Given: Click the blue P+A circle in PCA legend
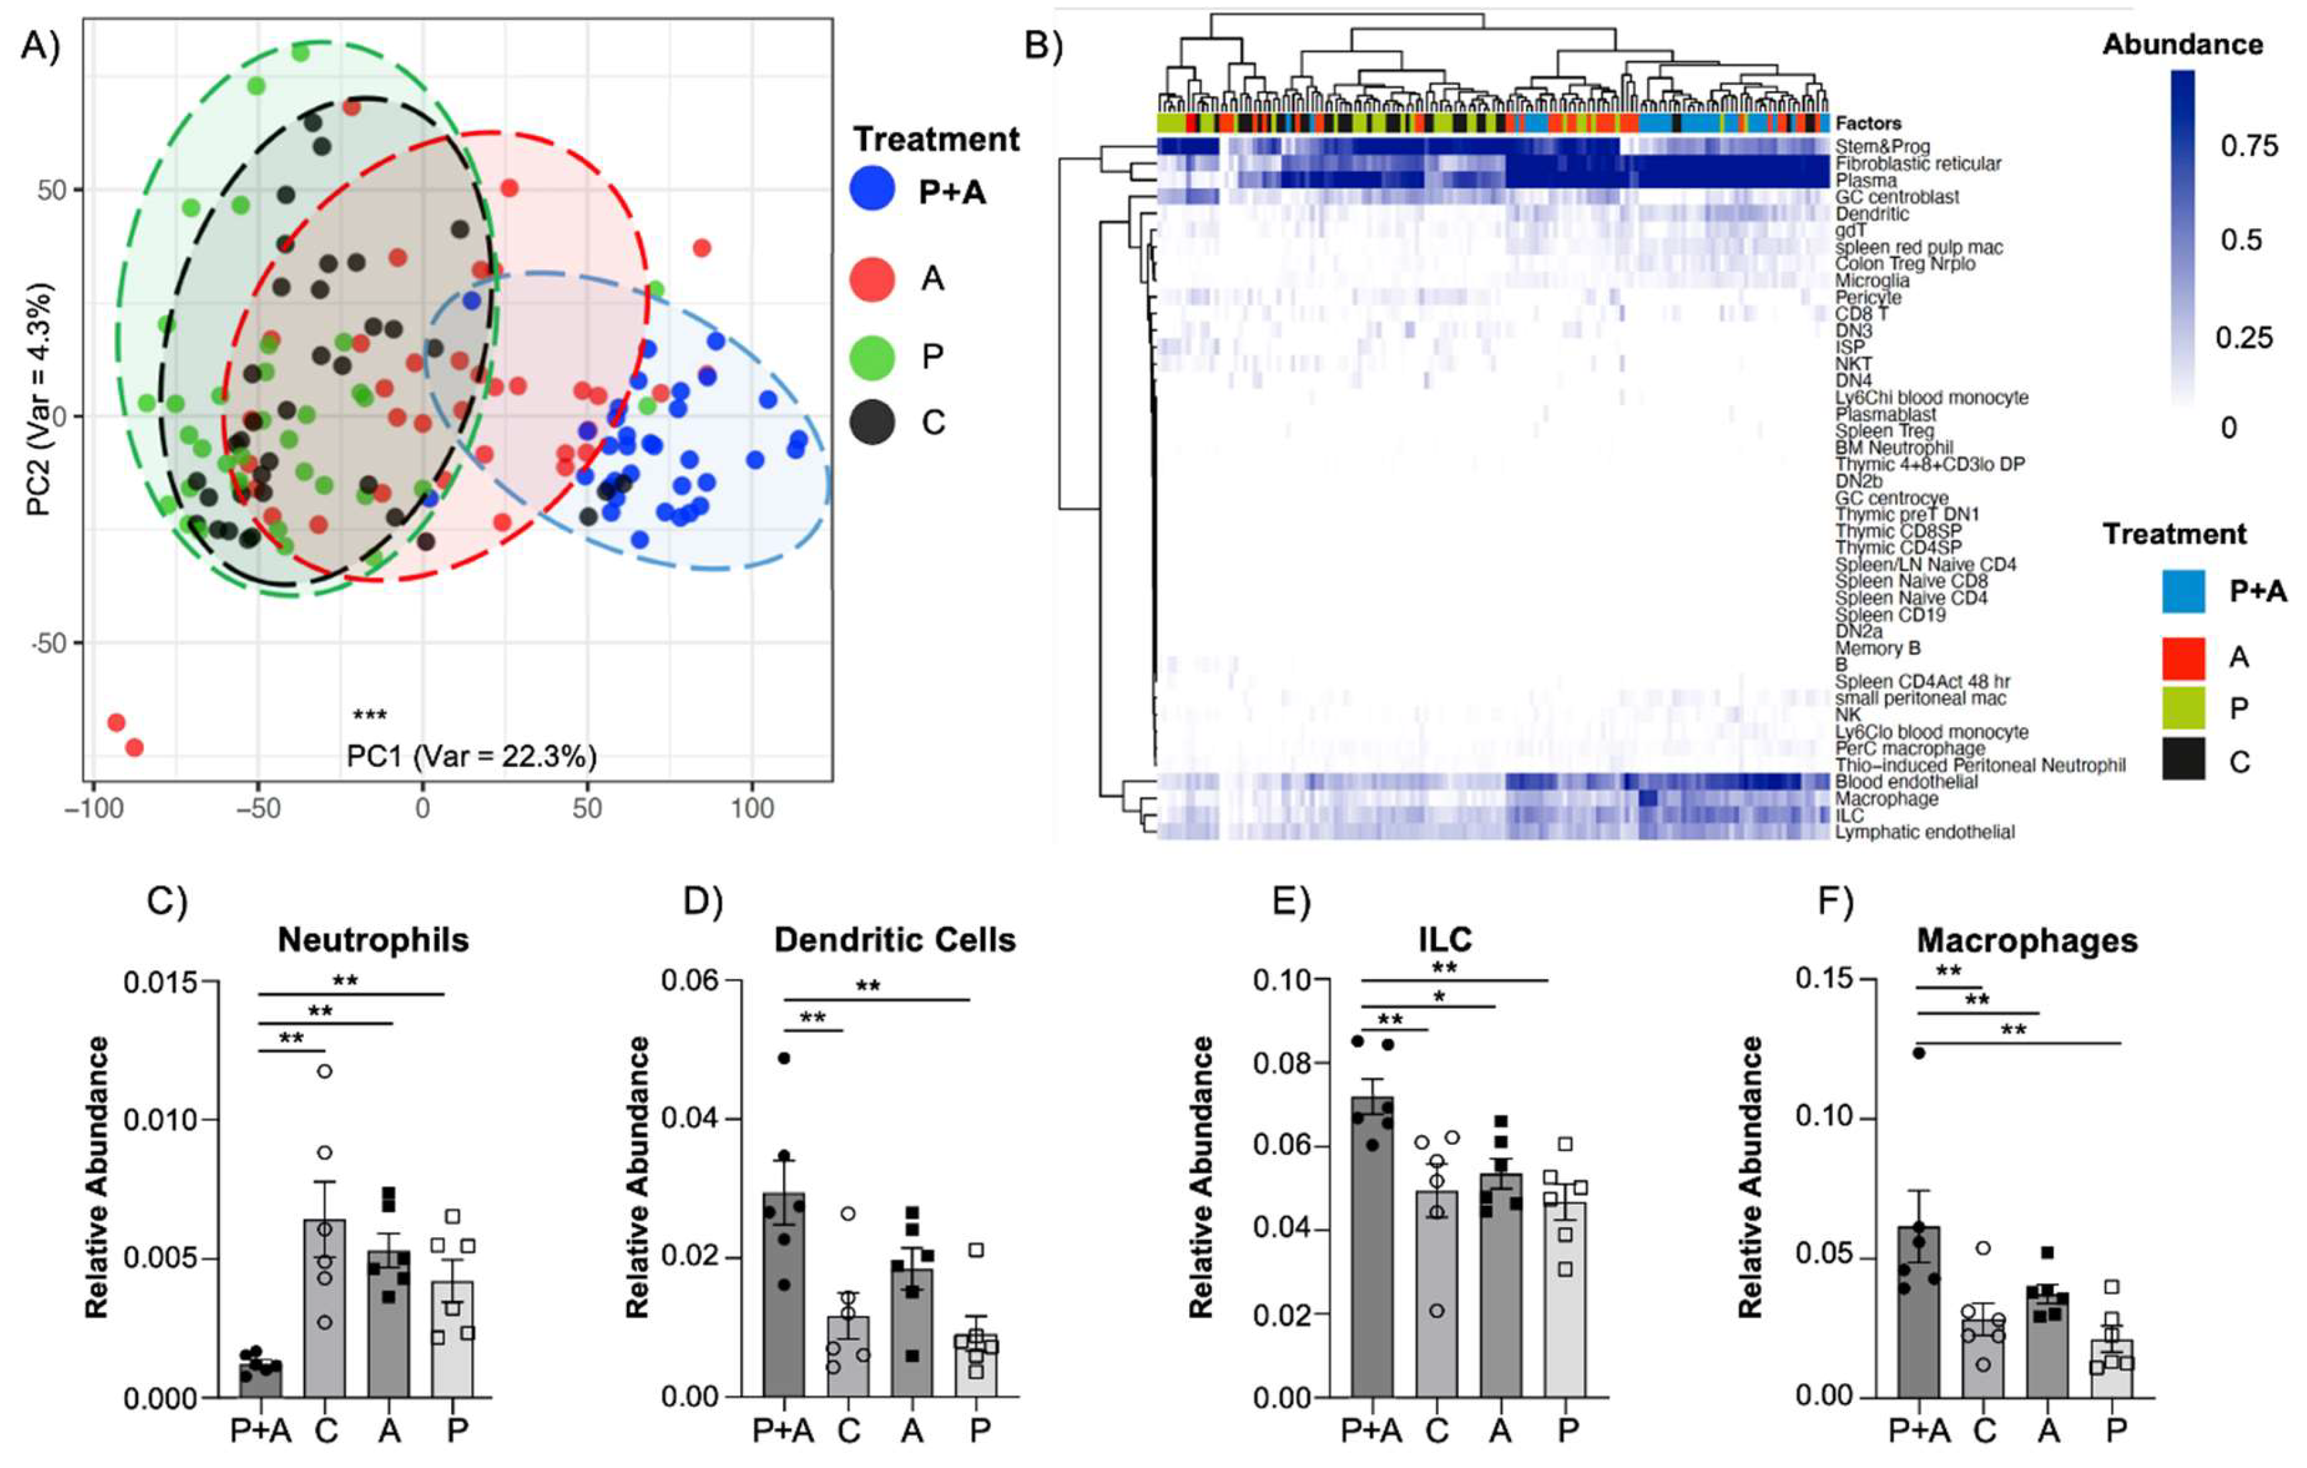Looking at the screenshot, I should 872,190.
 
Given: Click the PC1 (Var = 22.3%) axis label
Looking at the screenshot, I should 472,756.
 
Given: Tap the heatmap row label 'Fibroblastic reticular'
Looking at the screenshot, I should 1917,164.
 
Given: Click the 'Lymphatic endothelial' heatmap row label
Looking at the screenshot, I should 1924,832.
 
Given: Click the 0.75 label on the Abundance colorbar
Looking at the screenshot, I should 2249,147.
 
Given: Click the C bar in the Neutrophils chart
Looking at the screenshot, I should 325,1308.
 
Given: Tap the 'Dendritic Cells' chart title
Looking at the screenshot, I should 894,940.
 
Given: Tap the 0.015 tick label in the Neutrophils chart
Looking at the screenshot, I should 159,983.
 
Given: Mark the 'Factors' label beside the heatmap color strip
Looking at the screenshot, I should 1867,123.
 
